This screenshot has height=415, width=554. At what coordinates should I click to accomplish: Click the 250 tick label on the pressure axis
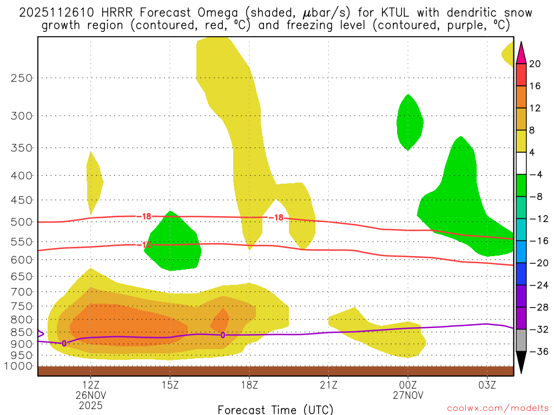tap(21, 78)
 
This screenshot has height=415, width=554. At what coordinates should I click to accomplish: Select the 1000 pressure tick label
tap(18, 366)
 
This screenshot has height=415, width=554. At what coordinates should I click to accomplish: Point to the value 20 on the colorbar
tap(535, 64)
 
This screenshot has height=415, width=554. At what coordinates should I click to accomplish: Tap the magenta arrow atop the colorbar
tap(521, 52)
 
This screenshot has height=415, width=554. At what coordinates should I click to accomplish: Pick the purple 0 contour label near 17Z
tap(222, 335)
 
